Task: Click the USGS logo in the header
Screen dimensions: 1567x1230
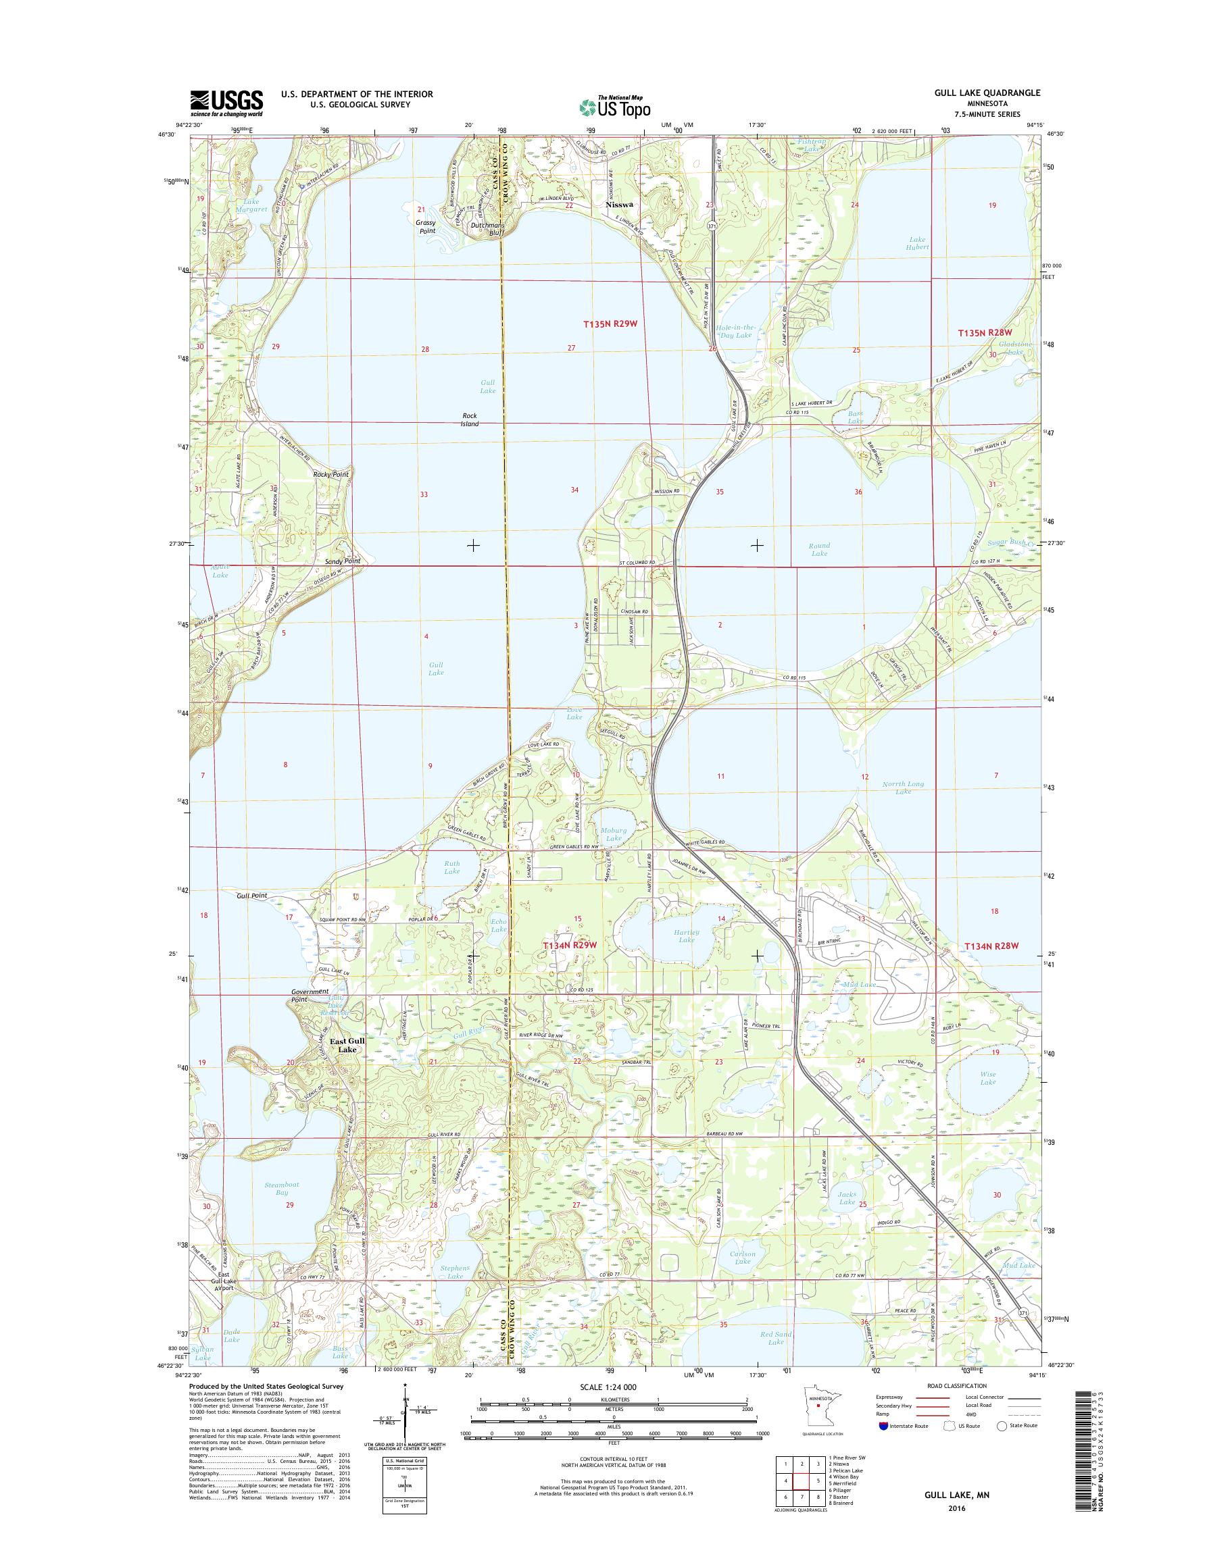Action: (226, 103)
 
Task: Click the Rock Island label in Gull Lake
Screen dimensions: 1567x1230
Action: (470, 419)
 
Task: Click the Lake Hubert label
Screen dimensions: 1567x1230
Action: (919, 242)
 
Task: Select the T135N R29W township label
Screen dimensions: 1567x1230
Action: (610, 324)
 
